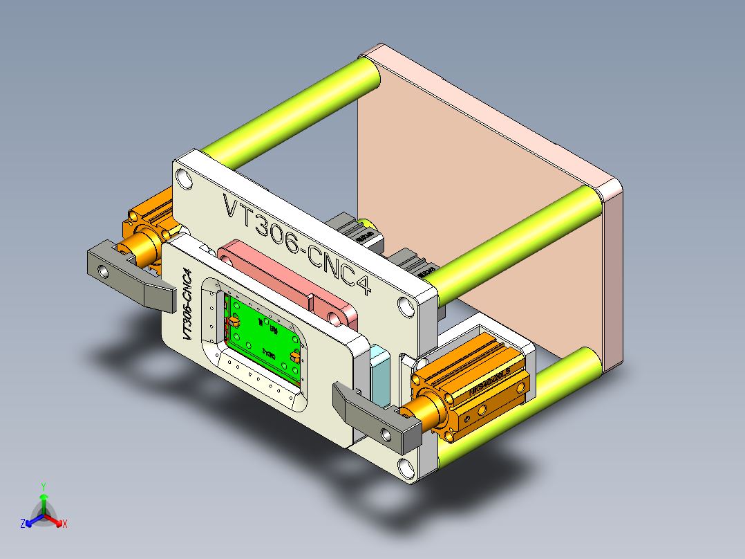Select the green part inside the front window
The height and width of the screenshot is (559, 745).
point(263,339)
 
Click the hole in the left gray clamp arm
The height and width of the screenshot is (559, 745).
point(104,272)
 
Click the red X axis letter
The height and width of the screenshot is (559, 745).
point(65,524)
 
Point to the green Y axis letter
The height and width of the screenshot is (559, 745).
point(44,486)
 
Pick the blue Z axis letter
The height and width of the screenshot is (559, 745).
point(23,524)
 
